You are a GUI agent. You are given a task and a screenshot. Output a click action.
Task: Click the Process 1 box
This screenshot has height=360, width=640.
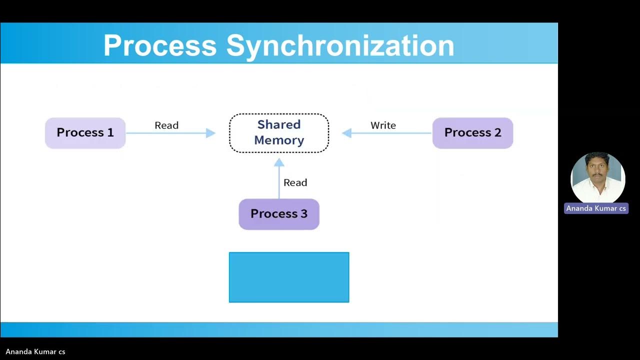click(x=85, y=133)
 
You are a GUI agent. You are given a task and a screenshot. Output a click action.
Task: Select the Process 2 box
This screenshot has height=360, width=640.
click(x=472, y=133)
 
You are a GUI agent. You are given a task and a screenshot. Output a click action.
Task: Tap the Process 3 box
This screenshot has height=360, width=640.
click(x=279, y=214)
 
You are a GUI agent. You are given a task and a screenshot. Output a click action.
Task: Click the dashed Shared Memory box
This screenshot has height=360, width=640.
click(x=279, y=133)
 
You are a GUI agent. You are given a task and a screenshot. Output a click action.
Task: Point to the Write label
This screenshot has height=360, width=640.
click(x=383, y=125)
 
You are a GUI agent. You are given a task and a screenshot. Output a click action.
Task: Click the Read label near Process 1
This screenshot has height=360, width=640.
click(x=166, y=125)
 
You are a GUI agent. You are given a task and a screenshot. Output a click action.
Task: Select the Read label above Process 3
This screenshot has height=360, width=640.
click(x=295, y=182)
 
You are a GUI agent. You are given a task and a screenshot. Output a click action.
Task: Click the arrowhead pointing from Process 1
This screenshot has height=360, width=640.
click(x=210, y=133)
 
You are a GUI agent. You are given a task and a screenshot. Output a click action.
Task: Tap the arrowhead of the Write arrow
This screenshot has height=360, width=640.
click(x=347, y=133)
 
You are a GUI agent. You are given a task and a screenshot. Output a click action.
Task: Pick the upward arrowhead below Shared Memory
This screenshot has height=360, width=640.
click(x=279, y=162)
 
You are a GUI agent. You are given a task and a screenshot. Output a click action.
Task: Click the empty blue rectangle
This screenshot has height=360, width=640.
click(x=289, y=277)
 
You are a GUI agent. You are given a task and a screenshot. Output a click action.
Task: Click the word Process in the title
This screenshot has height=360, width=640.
click(x=160, y=45)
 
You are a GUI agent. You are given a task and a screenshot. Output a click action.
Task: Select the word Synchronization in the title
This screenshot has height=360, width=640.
click(x=340, y=45)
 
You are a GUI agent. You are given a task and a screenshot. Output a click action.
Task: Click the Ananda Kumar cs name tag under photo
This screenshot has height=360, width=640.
click(x=596, y=208)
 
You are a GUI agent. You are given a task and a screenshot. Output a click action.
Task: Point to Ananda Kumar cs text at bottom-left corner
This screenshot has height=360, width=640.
click(x=35, y=351)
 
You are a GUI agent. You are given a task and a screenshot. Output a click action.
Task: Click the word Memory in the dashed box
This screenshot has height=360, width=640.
click(x=279, y=140)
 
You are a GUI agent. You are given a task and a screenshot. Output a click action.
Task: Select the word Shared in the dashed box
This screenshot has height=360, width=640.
click(x=279, y=124)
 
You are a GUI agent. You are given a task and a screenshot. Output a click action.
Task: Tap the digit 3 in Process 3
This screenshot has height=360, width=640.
click(x=303, y=214)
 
